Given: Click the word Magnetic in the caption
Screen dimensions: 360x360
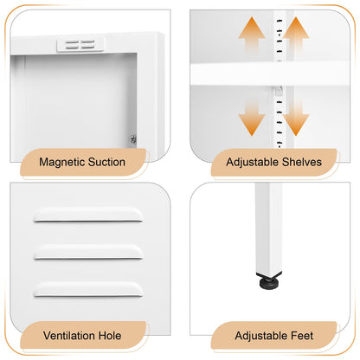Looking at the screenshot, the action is tap(61, 163).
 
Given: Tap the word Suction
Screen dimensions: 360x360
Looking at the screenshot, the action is tap(106, 162).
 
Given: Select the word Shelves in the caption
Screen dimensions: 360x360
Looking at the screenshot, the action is tap(302, 162).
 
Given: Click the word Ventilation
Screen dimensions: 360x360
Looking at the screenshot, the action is tap(69, 336).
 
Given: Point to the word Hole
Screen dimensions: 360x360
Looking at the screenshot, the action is tap(110, 336).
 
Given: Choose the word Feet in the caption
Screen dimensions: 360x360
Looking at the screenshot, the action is tap(302, 336).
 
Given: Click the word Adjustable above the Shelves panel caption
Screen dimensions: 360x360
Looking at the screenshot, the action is tap(252, 163).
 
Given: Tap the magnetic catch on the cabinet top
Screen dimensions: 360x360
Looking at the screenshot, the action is tap(80, 44).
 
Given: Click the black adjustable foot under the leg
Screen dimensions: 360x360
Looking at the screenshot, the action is tap(269, 281).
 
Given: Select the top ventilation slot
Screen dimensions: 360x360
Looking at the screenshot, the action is tap(88, 215).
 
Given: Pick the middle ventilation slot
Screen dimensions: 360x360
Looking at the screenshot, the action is tap(88, 253).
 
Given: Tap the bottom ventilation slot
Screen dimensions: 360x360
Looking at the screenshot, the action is tap(88, 290).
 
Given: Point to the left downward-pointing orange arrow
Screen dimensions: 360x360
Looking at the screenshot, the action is tap(252, 119).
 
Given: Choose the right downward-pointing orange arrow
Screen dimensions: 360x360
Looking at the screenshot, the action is tap(296, 119).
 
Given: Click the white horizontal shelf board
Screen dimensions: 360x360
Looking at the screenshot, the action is tap(270, 74).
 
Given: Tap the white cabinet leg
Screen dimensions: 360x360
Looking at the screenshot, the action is tap(268, 228).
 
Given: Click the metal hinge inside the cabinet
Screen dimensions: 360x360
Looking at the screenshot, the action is tap(132, 139).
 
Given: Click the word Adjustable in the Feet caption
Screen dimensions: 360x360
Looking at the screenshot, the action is tap(261, 336).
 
